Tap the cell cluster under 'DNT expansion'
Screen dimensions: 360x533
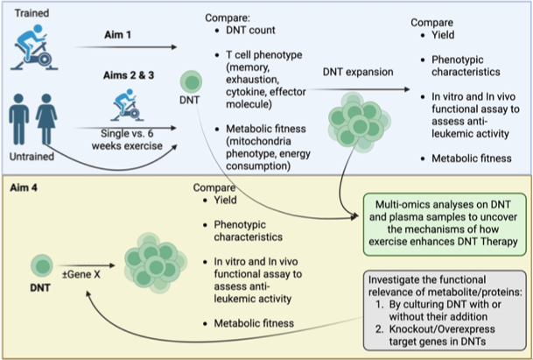tap(352, 122)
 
